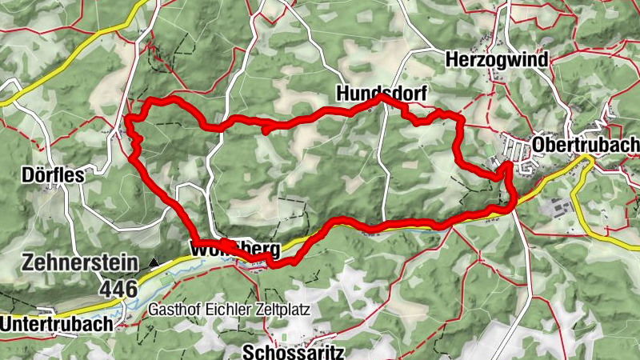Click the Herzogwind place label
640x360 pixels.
pyautogui.click(x=497, y=60)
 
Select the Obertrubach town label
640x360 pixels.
pyautogui.click(x=586, y=144)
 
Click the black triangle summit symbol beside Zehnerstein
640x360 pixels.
pyautogui.click(x=154, y=262)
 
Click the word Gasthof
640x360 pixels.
pyautogui.click(x=171, y=309)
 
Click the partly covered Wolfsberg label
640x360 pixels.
pyautogui.click(x=235, y=249)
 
